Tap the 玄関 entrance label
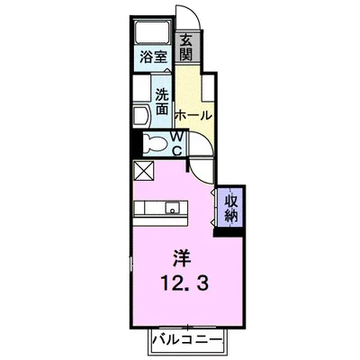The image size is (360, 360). click(x=186, y=48)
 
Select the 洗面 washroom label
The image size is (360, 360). click(x=162, y=102)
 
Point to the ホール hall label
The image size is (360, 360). click(x=193, y=116)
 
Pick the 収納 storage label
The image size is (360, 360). click(x=231, y=207)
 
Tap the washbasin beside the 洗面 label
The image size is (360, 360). click(x=140, y=112)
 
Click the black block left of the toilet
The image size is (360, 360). click(x=136, y=143)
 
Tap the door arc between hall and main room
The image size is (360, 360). click(x=200, y=166)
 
